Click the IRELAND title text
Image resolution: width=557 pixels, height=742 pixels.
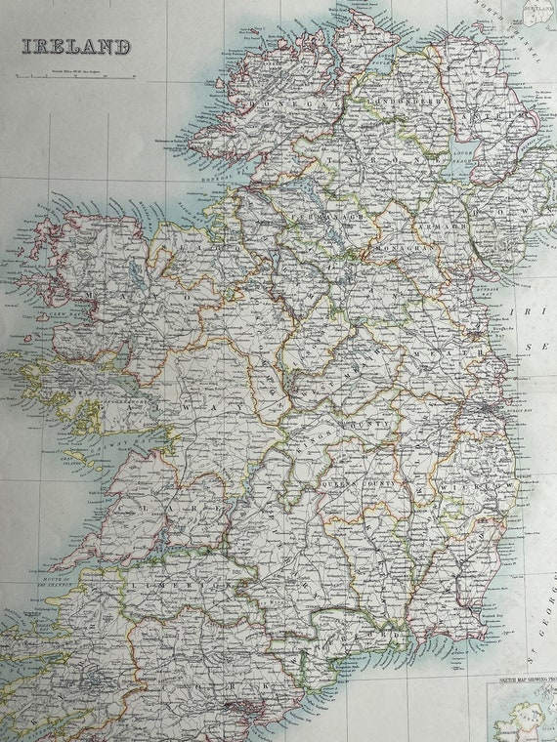[76, 46]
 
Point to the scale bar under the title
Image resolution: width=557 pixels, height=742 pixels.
[76, 73]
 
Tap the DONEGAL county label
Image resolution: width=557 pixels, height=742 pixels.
[261, 100]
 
